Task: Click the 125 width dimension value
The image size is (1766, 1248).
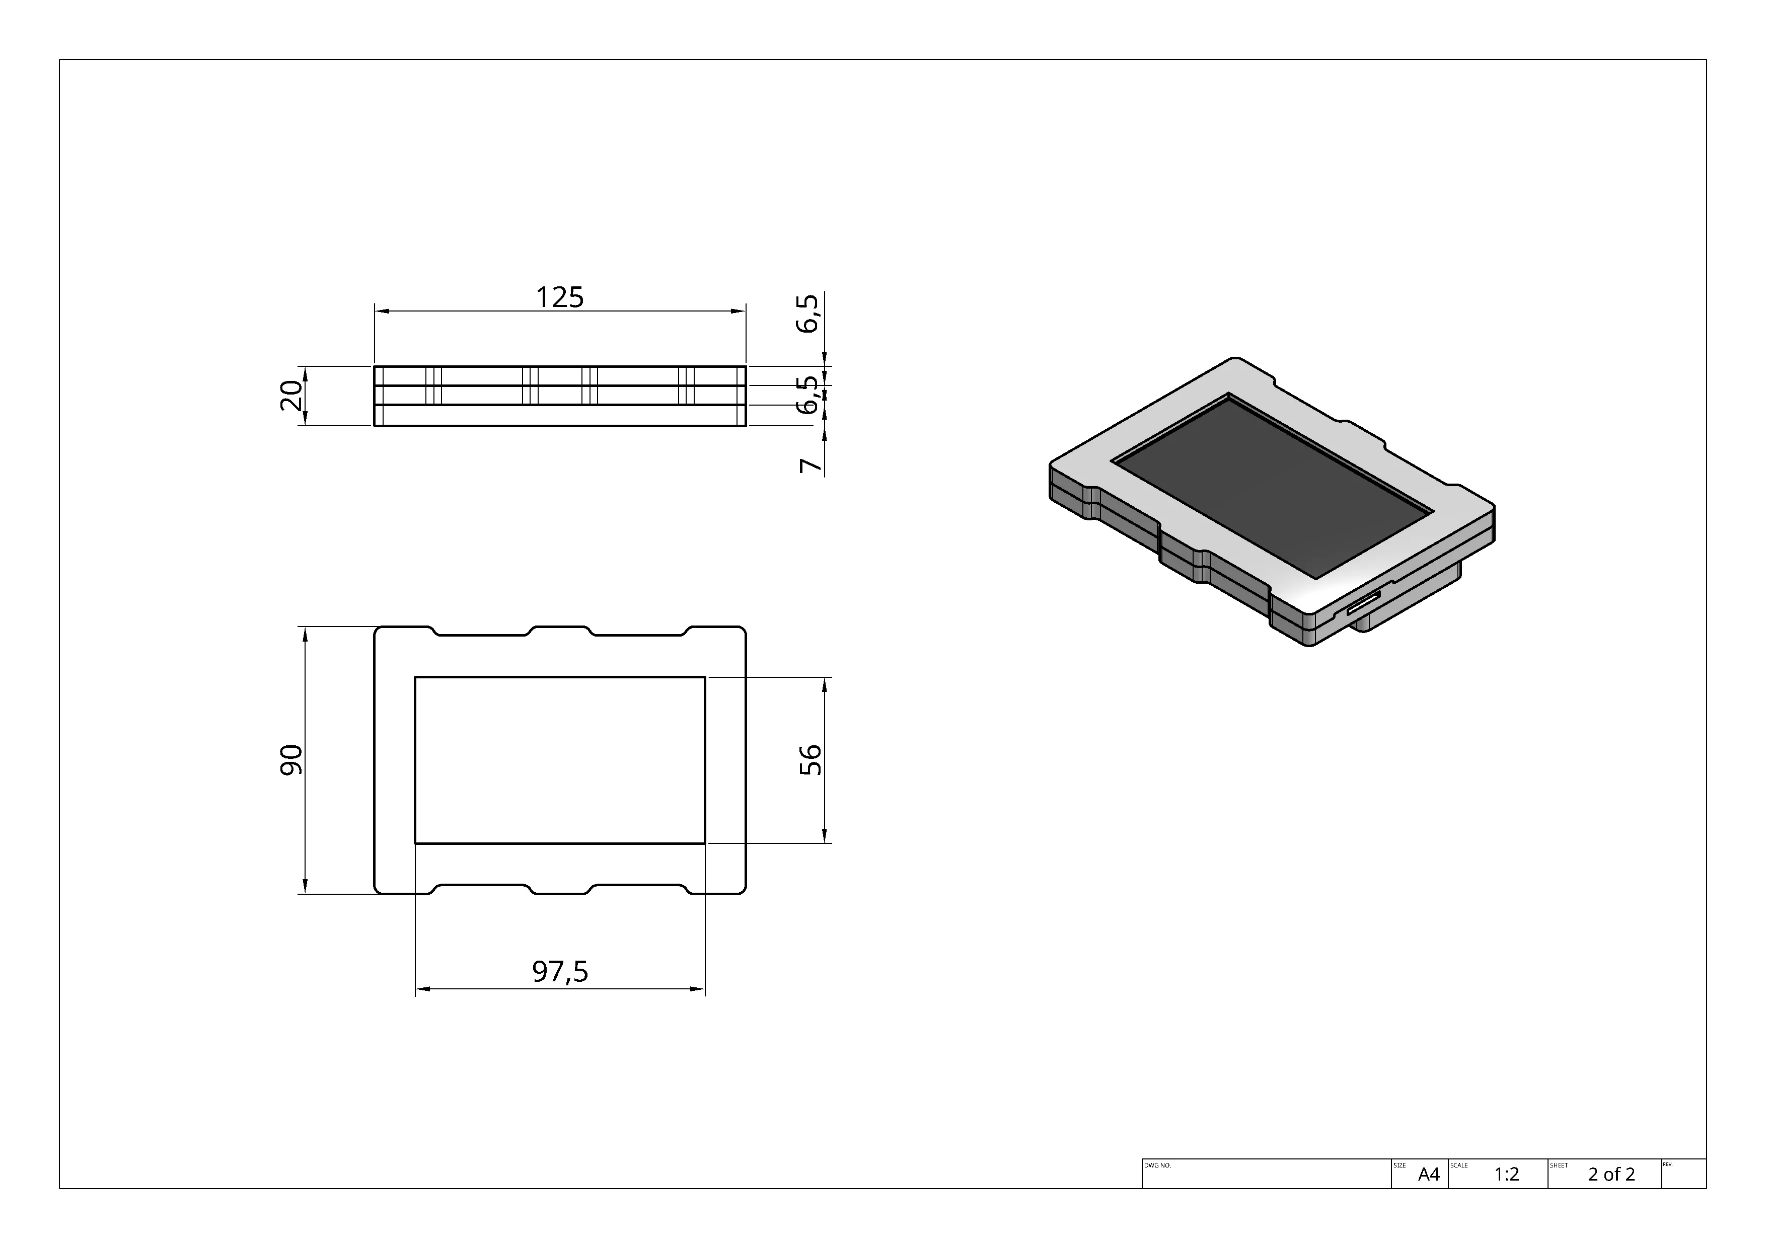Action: [x=559, y=297]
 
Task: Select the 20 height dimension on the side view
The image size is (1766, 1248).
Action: [x=291, y=396]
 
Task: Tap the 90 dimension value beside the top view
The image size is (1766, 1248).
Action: [x=291, y=760]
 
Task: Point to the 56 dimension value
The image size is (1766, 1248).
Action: [x=811, y=760]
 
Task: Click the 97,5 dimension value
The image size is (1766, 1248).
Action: [x=560, y=972]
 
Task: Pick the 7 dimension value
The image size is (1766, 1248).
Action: [x=811, y=465]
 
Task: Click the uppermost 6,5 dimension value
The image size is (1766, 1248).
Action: [x=808, y=314]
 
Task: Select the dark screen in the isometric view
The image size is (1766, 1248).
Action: [x=1273, y=488]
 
